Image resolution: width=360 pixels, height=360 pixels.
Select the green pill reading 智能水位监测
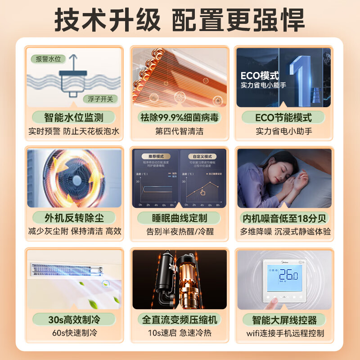point(74,118)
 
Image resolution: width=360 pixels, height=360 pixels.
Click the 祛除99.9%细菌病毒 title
point(179,118)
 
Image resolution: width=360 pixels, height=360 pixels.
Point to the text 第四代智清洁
point(179,131)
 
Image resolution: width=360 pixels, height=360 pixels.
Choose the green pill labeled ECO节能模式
point(283,118)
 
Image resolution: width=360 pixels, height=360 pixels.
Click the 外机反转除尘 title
point(74,218)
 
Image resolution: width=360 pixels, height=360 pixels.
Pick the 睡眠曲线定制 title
point(179,218)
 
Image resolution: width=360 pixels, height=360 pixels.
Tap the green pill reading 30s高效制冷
point(74,320)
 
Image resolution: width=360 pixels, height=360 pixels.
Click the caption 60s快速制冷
point(74,333)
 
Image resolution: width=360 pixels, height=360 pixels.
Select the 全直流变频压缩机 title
point(179,320)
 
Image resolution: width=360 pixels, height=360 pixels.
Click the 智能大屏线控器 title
point(283,320)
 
